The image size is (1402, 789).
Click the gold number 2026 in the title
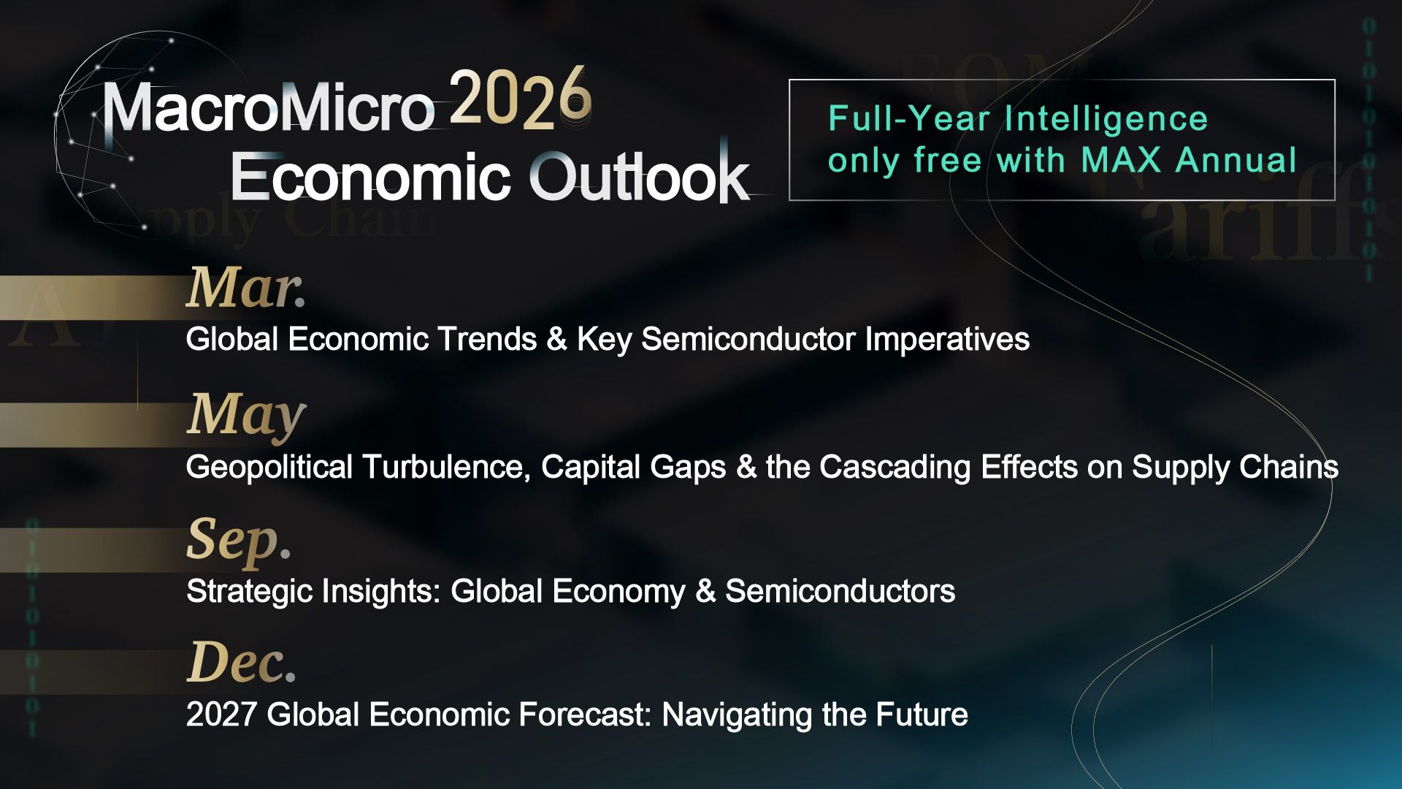(x=519, y=99)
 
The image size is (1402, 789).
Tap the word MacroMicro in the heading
(x=269, y=108)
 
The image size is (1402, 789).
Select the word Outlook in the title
(x=639, y=176)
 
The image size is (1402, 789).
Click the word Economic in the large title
(x=370, y=176)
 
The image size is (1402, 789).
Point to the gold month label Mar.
(x=245, y=287)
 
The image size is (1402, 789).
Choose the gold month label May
(x=246, y=415)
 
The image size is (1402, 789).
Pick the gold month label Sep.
(x=239, y=540)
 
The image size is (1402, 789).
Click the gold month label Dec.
(x=241, y=662)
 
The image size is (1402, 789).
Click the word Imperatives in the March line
(x=947, y=340)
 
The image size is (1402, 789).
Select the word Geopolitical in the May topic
(x=269, y=468)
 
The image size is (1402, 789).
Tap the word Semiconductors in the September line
(x=840, y=591)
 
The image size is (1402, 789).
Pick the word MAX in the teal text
(x=1121, y=160)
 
